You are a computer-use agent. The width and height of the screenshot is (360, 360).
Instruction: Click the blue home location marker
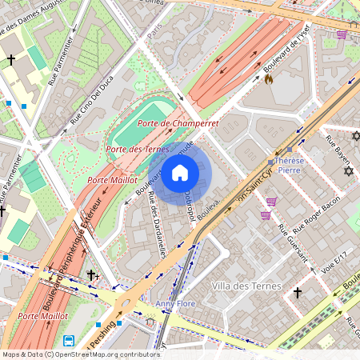pos(180,173)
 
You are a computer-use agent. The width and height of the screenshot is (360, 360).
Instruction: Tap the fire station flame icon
pos(269,79)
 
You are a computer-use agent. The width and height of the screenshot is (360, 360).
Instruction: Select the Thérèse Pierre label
pos(289,164)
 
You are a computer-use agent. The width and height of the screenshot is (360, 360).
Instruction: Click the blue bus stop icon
pos(69,341)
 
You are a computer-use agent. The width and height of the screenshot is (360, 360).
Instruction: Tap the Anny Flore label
pos(175,304)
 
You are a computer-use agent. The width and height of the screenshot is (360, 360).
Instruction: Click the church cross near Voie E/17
pos(298,294)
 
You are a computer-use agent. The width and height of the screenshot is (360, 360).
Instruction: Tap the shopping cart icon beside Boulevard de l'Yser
pos(342,34)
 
